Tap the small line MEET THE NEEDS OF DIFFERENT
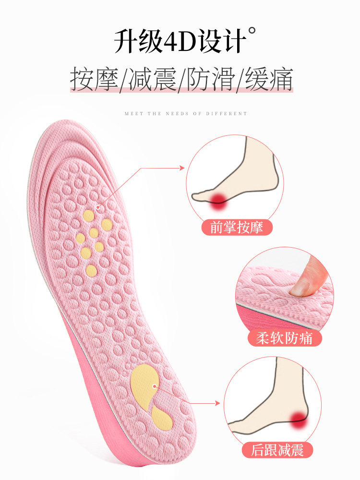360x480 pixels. pyautogui.click(x=186, y=114)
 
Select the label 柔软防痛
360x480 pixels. pyautogui.click(x=284, y=338)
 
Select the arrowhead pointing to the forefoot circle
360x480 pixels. pyautogui.click(x=182, y=168)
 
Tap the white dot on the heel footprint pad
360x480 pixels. pyautogui.click(x=155, y=386)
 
